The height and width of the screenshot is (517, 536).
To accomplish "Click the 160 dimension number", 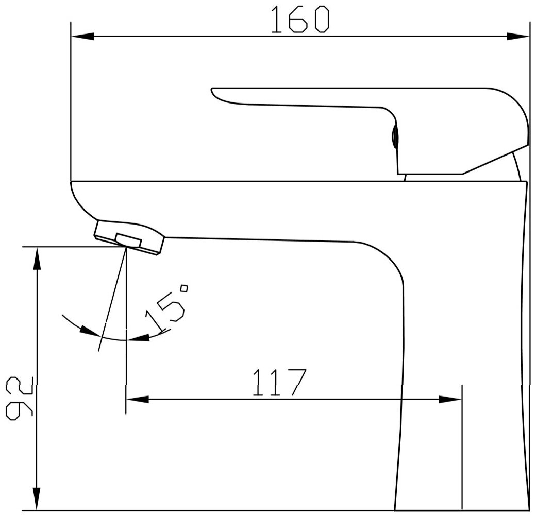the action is (299, 20).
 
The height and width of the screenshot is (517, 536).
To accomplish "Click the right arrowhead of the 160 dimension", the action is (518, 36).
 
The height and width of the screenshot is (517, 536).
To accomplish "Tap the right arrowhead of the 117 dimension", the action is (450, 399).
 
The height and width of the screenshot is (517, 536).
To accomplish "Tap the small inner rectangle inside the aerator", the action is (128, 239).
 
